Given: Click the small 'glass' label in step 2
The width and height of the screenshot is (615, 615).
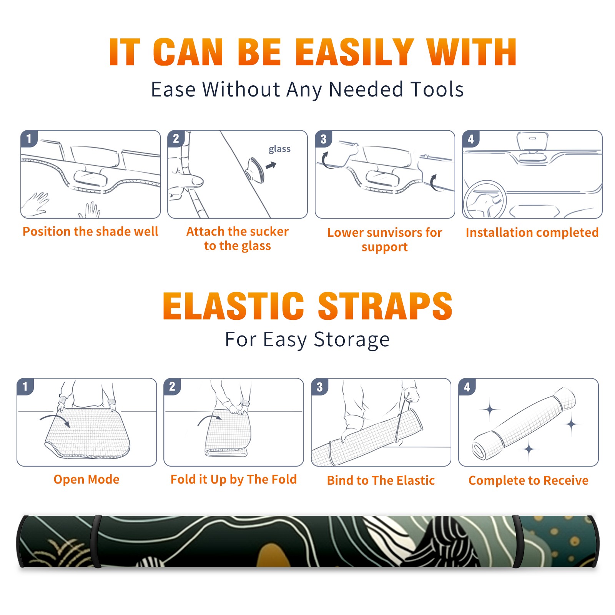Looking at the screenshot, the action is (279, 149).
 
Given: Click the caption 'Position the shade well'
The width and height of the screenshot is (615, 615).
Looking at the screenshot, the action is (90, 231).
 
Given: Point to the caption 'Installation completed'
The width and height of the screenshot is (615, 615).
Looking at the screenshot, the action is (532, 233).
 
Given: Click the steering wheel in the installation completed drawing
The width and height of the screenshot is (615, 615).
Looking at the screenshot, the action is (485, 199).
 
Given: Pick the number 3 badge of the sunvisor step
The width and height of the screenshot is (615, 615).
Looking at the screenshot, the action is (323, 139).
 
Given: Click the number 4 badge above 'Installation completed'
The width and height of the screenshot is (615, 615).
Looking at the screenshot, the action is (471, 139).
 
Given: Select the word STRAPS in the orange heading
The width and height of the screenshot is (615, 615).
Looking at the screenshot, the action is (385, 306).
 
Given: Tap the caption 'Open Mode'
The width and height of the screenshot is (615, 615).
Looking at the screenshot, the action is (86, 479).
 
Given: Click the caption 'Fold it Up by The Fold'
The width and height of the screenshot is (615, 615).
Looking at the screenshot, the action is (234, 480).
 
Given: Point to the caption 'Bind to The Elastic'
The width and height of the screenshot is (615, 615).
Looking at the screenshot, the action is (381, 480).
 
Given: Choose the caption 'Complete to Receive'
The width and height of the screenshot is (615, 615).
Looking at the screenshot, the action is (529, 480).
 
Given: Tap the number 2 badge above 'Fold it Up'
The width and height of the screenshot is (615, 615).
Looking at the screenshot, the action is (172, 387).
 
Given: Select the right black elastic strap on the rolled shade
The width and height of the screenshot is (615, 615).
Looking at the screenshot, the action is (517, 542).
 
